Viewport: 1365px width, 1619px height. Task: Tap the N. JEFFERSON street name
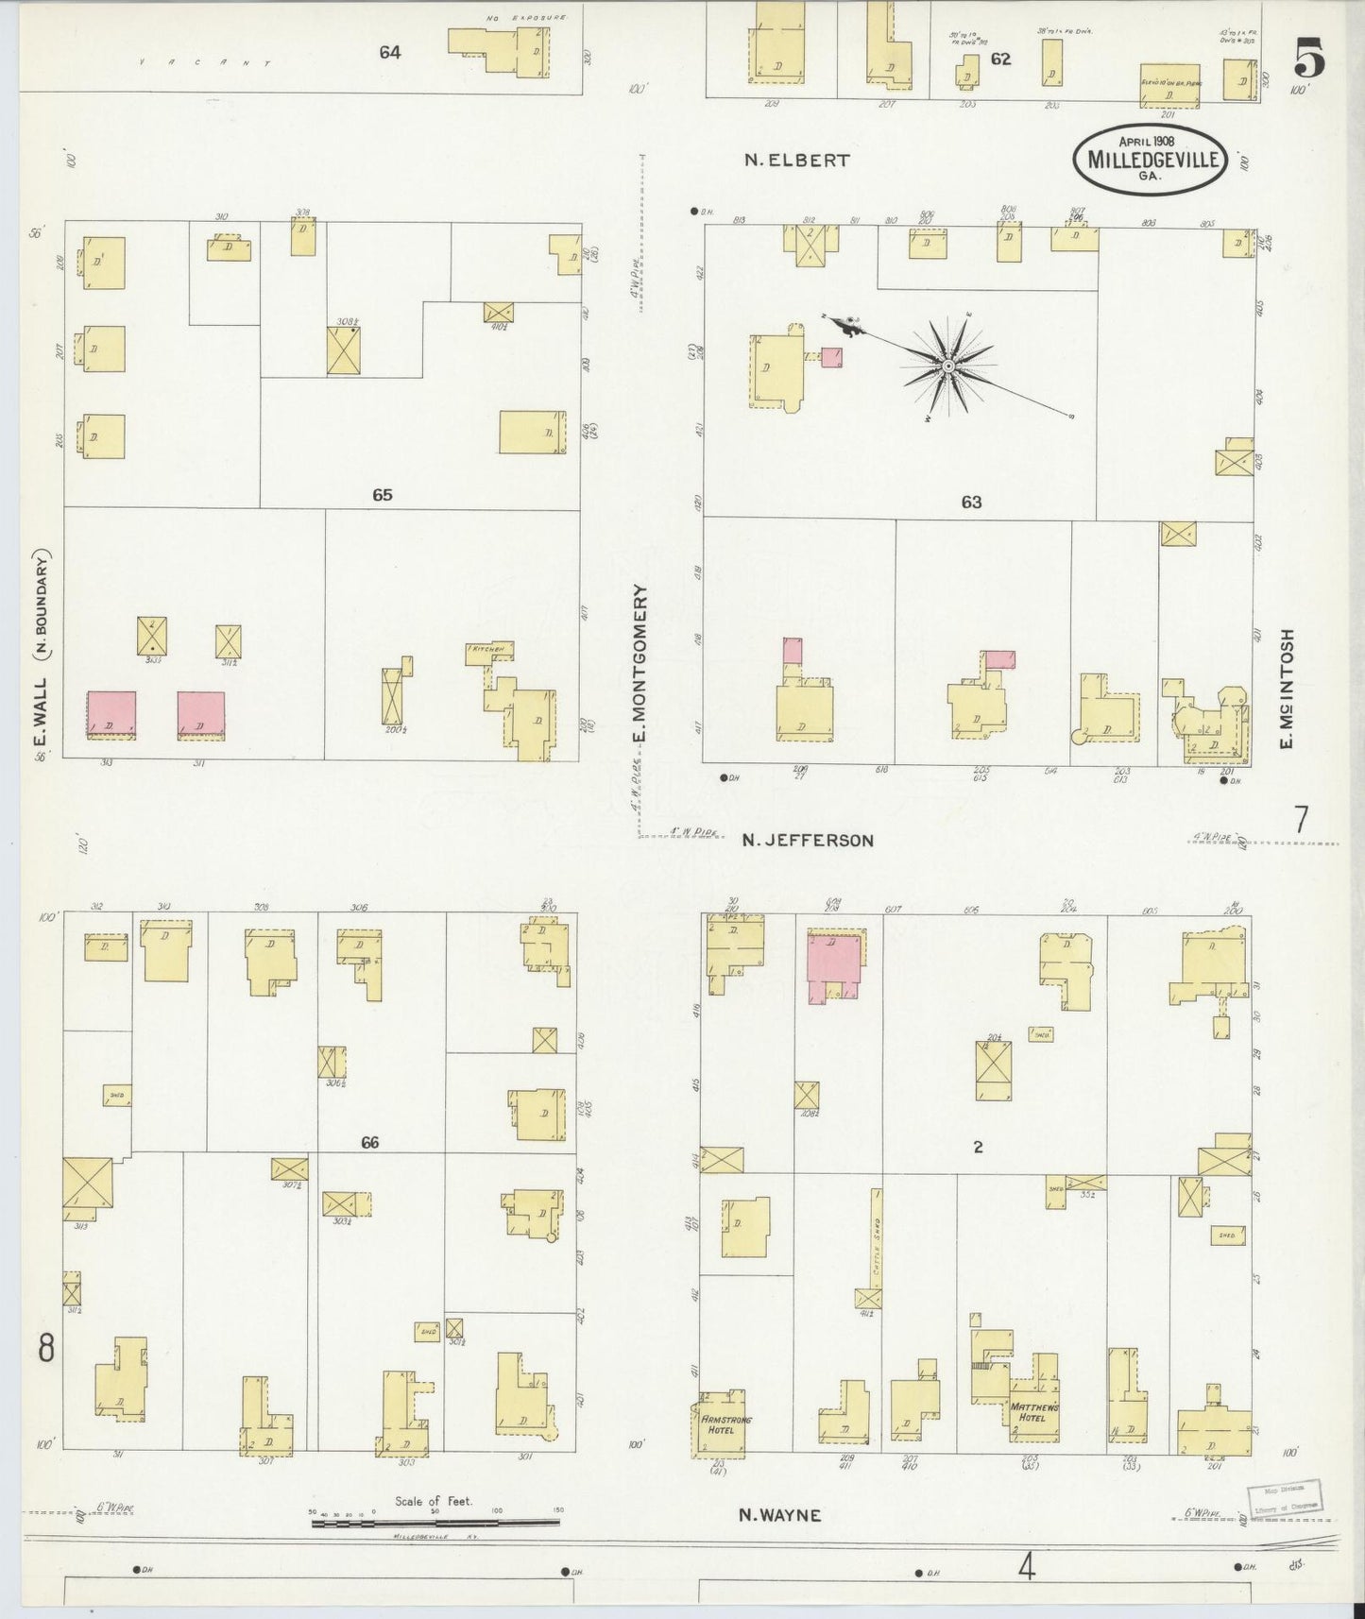click(x=807, y=840)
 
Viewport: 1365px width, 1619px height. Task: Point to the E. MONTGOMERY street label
click(x=640, y=664)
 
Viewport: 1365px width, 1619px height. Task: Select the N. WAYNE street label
click(x=779, y=1515)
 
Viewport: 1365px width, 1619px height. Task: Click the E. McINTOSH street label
click(x=1286, y=689)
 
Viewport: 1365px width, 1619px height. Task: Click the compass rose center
click(x=947, y=366)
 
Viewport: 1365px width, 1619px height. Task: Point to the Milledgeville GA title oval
click(x=1150, y=159)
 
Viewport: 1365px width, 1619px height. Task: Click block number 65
click(x=382, y=495)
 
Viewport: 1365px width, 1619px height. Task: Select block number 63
click(x=971, y=502)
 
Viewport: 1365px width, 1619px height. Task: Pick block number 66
click(x=369, y=1142)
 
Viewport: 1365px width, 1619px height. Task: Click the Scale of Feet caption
click(x=434, y=1501)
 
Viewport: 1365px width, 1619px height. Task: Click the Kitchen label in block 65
click(x=489, y=650)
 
